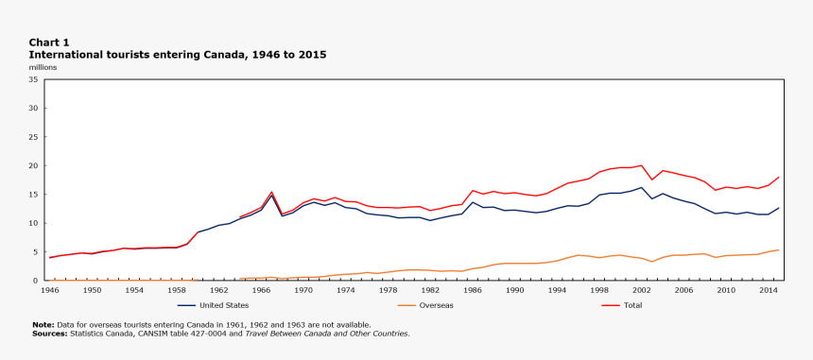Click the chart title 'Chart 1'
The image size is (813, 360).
click(48, 43)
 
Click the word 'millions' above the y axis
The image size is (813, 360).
click(43, 68)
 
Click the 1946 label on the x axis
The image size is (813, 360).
click(50, 290)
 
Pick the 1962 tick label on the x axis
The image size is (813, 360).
click(219, 290)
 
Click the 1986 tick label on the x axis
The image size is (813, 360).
click(473, 290)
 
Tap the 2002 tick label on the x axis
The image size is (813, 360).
click(642, 290)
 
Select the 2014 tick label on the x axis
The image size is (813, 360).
click(769, 290)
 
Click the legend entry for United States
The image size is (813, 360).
click(223, 305)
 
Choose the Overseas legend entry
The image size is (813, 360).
click(436, 305)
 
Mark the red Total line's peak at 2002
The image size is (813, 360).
click(642, 165)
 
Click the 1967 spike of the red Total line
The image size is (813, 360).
click(272, 192)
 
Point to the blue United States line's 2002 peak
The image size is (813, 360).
click(642, 187)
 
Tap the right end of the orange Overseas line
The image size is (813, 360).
click(779, 249)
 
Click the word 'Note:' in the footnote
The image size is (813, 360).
click(43, 325)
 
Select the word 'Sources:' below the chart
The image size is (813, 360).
click(49, 333)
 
